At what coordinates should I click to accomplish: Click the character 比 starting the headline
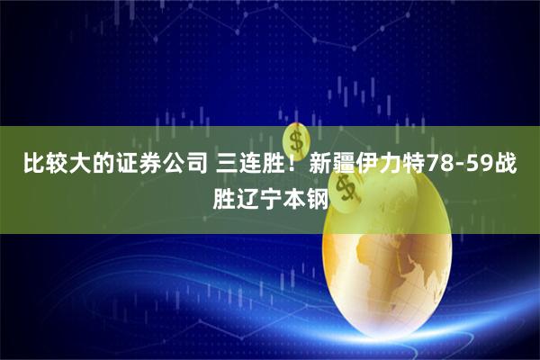(33, 164)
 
